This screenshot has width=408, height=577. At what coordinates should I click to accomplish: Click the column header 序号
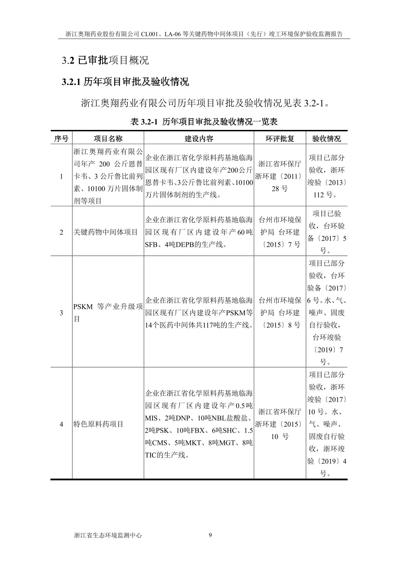point(61,138)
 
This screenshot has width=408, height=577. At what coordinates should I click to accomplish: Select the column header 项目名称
point(108,138)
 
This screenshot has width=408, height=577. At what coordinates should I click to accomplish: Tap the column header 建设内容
point(199,138)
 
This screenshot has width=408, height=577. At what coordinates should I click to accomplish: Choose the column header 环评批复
point(280,138)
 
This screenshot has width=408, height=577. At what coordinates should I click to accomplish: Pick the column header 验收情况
point(326,138)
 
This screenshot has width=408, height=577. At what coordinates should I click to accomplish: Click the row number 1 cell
point(61,176)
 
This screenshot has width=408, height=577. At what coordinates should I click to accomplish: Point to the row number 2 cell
point(61,232)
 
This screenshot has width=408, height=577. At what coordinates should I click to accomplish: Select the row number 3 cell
point(61,313)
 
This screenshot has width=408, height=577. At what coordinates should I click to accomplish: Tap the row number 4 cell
point(61,424)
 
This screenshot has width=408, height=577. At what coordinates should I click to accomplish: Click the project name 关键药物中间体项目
point(106,232)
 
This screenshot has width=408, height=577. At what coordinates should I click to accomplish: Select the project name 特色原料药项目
point(98,424)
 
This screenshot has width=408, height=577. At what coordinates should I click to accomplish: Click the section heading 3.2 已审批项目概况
point(105,60)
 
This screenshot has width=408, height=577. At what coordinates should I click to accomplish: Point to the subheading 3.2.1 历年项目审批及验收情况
point(125,82)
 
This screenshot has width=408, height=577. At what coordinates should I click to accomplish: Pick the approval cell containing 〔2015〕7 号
point(280,232)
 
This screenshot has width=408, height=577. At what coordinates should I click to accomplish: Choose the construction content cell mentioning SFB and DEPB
point(199,232)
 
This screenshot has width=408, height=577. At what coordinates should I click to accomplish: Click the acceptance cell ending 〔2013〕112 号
point(326,176)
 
